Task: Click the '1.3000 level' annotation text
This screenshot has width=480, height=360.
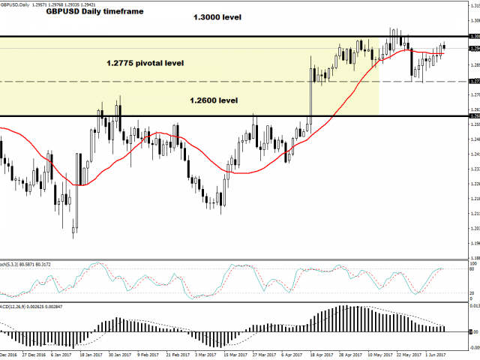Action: click(217, 17)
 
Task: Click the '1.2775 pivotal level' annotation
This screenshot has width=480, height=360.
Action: click(145, 64)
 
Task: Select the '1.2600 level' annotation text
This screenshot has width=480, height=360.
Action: click(214, 100)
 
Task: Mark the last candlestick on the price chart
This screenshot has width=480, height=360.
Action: click(444, 46)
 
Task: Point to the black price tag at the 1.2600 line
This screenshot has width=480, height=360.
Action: click(473, 116)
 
